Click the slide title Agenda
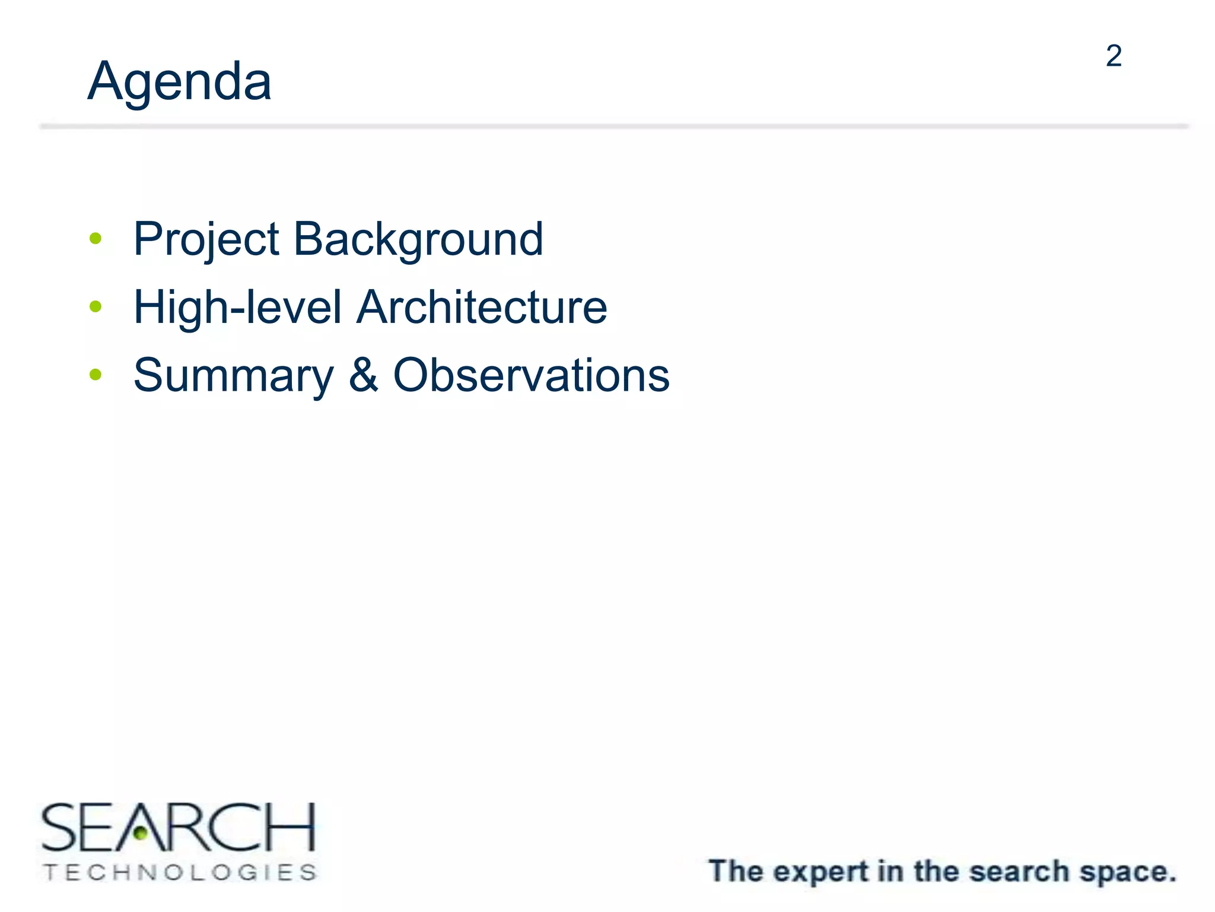[x=179, y=82]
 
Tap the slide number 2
[x=1114, y=56]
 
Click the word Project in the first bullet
[x=206, y=239]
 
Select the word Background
[x=418, y=239]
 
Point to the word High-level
[x=237, y=307]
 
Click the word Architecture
[x=482, y=307]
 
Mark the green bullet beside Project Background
[x=96, y=239]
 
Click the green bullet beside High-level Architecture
[x=96, y=306]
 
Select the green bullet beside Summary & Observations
[x=96, y=375]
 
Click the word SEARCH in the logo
[x=178, y=827]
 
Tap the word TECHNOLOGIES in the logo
[x=180, y=872]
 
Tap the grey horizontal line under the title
[x=613, y=126]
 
